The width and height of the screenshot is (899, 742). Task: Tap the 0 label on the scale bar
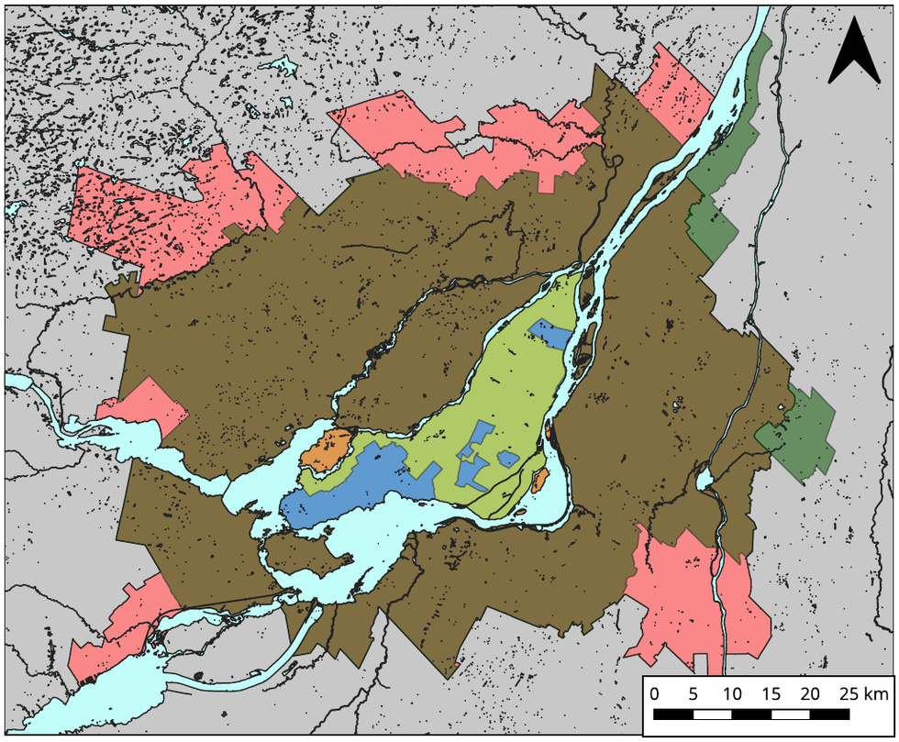[x=654, y=692]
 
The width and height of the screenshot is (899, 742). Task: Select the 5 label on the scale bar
[x=693, y=692]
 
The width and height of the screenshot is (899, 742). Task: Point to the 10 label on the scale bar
[x=731, y=692]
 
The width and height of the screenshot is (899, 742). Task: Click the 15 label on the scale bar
[x=771, y=692]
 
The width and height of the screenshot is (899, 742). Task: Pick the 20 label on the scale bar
[x=810, y=692]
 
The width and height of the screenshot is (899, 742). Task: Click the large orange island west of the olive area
[x=327, y=449]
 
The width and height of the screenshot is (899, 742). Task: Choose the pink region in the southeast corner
[x=697, y=596]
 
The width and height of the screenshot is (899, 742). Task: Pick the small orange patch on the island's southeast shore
[x=540, y=478]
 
